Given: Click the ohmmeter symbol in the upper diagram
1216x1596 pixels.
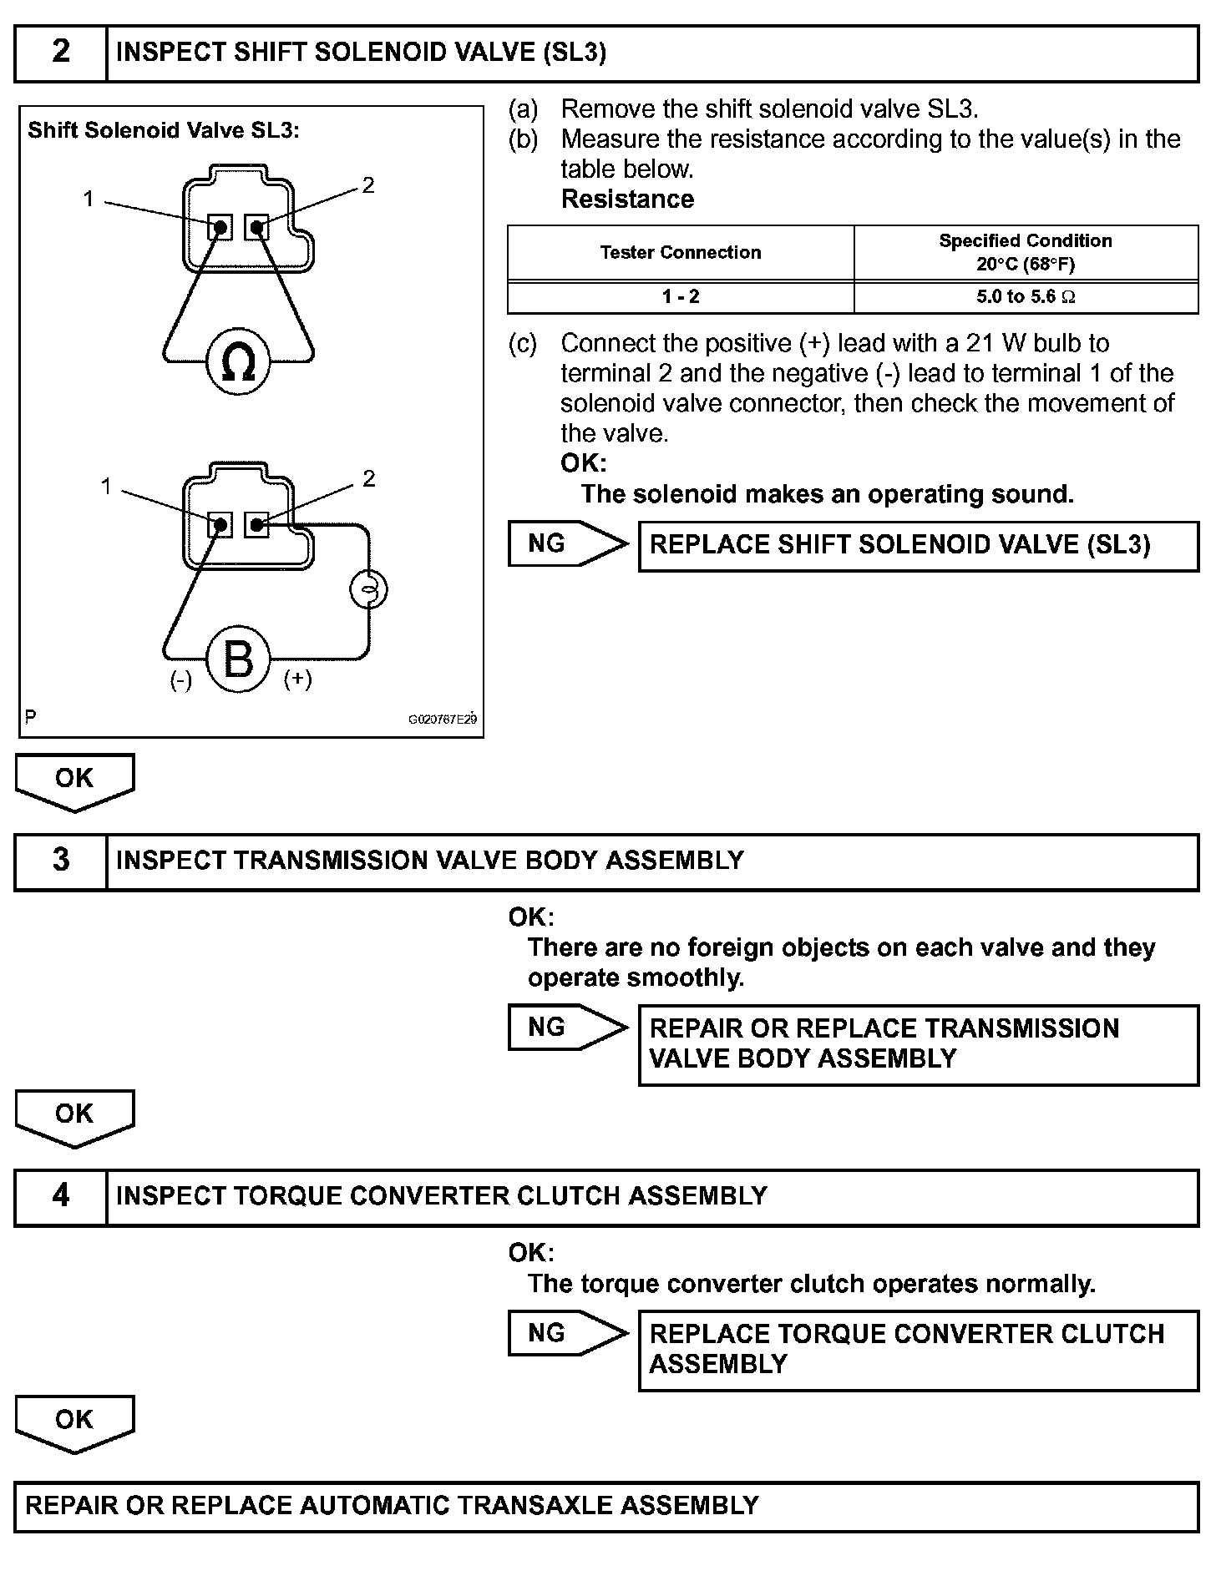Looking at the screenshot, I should coord(239,362).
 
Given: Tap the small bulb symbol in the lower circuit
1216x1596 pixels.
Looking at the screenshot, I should coord(368,591).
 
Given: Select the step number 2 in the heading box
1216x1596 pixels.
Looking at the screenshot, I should coord(61,53).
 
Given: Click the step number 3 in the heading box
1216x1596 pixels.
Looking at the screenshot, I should coord(61,861).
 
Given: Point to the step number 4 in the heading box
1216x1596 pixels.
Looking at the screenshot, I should coord(61,1196).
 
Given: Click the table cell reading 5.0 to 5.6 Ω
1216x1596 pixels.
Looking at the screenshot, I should coord(1026,297).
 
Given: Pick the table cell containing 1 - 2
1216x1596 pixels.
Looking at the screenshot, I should coord(681,297).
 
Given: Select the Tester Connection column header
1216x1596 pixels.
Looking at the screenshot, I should coord(681,253).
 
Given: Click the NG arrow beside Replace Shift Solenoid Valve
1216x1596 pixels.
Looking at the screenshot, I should coord(566,544).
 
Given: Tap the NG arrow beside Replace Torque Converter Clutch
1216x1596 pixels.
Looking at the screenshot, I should coord(566,1333).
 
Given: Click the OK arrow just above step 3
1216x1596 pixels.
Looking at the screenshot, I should coord(74,780).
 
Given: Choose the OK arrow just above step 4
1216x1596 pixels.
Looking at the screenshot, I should coord(74,1116).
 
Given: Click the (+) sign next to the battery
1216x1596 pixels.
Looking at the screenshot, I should coord(298,679).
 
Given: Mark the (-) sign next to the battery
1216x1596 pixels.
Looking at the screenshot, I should coord(181,680).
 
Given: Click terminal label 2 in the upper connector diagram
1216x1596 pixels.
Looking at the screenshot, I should coord(368,185).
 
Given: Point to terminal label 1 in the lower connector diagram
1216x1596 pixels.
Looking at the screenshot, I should coord(106,486).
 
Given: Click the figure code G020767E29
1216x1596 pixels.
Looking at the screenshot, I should coord(442,720).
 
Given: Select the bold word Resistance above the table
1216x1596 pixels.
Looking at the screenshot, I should coord(627,199).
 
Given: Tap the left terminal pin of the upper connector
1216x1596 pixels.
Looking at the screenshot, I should coord(220,227).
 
